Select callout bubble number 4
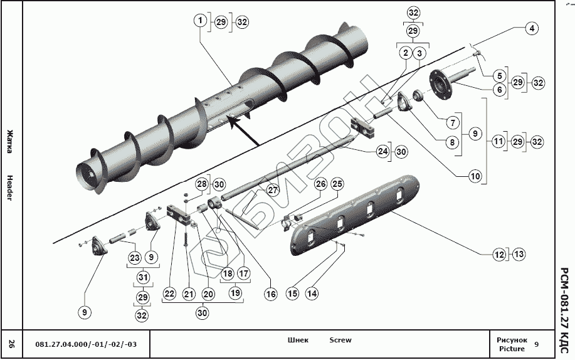(531, 28)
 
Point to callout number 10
(475, 177)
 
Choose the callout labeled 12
(499, 255)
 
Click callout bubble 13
(519, 255)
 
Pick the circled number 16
(270, 293)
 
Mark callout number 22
(169, 293)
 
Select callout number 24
(382, 151)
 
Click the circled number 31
(142, 277)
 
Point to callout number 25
(337, 184)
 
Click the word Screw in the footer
(340, 341)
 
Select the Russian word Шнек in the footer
(298, 341)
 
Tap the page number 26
(11, 343)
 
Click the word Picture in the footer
(511, 349)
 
